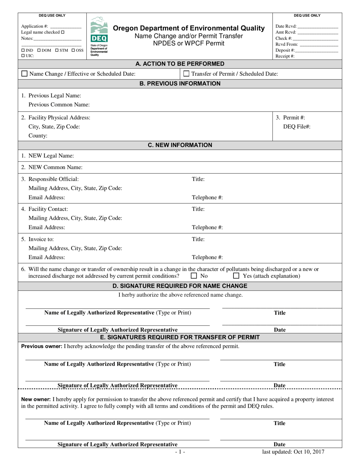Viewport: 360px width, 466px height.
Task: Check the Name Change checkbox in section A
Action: click(x=25, y=74)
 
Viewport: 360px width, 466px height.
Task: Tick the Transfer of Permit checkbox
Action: click(x=186, y=74)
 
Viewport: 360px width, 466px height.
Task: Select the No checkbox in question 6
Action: click(x=194, y=276)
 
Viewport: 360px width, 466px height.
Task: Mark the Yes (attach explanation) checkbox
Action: click(x=236, y=276)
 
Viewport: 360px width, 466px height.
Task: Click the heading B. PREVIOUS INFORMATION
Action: click(x=180, y=83)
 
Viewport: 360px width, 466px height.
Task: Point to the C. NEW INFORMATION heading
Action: click(x=180, y=145)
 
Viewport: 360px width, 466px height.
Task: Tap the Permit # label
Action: click(x=290, y=117)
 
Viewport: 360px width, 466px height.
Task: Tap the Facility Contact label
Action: click(x=45, y=209)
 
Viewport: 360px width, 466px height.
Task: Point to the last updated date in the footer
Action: click(x=293, y=452)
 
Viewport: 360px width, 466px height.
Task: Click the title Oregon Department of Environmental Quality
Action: click(x=189, y=28)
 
